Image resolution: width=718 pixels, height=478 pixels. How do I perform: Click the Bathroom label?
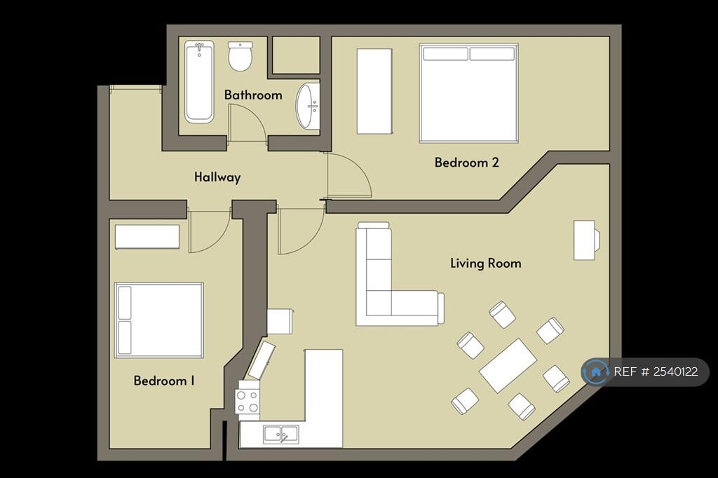point(253,95)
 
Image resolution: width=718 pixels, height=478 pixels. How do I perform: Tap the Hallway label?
point(217,177)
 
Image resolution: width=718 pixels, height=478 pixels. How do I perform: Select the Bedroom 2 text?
point(466,163)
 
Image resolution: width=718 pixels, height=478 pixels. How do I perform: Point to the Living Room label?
point(485,264)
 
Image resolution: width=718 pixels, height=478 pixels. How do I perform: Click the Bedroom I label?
point(164,381)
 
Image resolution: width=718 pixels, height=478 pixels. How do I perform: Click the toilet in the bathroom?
point(240,56)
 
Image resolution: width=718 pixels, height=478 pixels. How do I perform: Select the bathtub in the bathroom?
point(199,82)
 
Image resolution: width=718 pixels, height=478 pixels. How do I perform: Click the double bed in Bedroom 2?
point(468,93)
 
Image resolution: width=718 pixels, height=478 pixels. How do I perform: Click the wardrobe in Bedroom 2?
point(374,91)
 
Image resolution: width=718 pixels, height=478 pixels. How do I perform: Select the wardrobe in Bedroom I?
point(147,237)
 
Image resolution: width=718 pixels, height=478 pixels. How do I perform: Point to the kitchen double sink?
point(280,435)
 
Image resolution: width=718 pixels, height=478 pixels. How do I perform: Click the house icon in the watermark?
point(596,371)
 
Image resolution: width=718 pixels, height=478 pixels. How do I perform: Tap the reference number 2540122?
point(656,372)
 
